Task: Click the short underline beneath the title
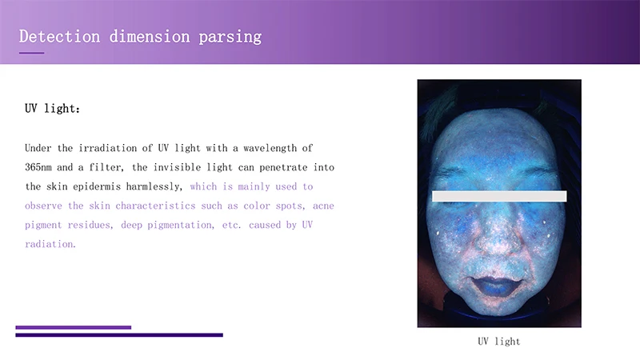pos(31,53)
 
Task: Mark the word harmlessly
pos(154,186)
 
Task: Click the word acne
pos(323,206)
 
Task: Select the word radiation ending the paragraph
pos(50,244)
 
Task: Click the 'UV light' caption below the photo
pos(498,342)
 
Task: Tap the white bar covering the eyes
pos(499,196)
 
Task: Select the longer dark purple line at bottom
pos(119,334)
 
